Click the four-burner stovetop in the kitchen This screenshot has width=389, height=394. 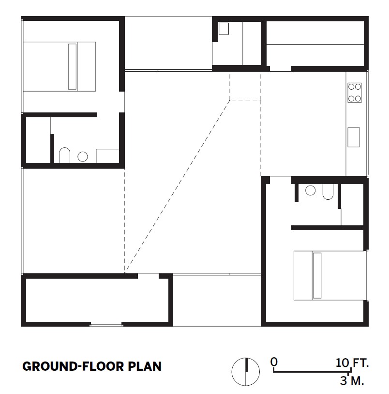[354, 93]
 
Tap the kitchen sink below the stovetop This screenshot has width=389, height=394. [353, 137]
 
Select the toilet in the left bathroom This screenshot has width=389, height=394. [64, 155]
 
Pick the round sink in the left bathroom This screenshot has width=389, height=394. [83, 157]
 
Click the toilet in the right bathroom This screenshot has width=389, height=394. [328, 192]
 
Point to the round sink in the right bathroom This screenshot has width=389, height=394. [310, 190]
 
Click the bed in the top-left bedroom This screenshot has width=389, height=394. [60, 66]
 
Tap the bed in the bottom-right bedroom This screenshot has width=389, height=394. [330, 275]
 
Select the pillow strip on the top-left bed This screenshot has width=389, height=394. [72, 66]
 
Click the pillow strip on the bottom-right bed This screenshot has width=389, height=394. [317, 275]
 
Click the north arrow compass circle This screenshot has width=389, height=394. [245, 372]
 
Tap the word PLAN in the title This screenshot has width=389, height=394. [145, 366]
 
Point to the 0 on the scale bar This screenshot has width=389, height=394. [274, 362]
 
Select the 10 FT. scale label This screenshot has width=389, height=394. [352, 362]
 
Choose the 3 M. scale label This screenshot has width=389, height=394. [352, 380]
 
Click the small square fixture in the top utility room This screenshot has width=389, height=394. [224, 29]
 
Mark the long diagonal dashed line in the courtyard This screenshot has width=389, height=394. [177, 187]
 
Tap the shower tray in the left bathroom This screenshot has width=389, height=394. [107, 156]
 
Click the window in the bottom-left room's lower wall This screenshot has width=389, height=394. [106, 325]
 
